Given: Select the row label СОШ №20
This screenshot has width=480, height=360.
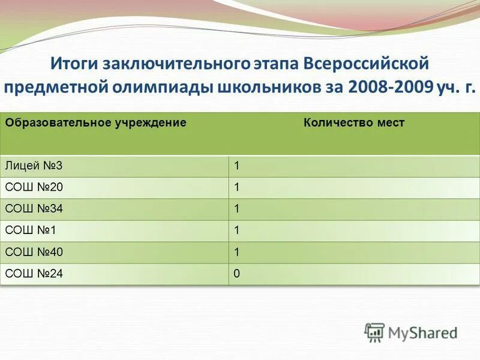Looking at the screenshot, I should [34, 188].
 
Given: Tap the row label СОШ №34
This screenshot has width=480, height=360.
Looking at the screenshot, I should [34, 209].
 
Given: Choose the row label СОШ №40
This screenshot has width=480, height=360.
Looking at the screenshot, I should [34, 252].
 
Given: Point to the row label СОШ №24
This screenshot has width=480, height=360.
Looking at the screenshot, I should [34, 274].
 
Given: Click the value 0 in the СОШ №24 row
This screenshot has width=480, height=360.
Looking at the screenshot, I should [237, 274].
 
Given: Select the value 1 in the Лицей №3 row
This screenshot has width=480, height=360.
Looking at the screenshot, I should [237, 166].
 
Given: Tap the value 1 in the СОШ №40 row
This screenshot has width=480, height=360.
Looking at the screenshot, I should [237, 252].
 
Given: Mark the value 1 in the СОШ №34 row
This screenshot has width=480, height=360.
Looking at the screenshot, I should [237, 209].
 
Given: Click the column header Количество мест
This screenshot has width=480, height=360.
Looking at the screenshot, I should [354, 123].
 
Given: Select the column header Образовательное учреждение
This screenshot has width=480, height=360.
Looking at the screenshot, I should [95, 123].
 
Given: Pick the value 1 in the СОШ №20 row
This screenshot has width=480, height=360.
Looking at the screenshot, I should [237, 188].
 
